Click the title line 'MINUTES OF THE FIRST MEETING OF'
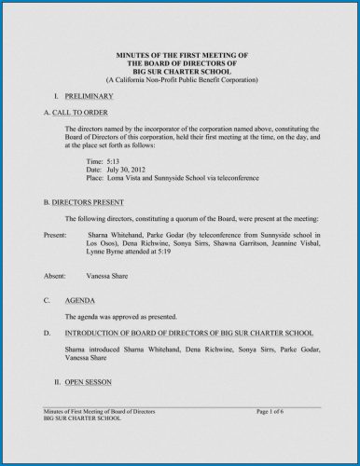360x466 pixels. (x=181, y=57)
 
